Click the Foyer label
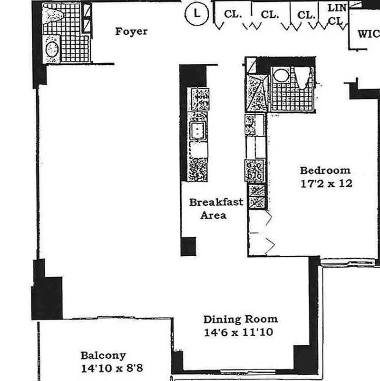point(131,32)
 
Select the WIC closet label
point(368,34)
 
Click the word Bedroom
point(324,170)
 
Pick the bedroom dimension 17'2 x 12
point(326,183)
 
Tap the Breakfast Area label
point(216,208)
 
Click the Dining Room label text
point(240,319)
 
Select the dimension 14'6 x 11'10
point(238,332)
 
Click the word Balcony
point(103,355)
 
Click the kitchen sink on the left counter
point(197,129)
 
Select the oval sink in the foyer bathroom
point(52,49)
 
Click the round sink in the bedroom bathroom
point(281,76)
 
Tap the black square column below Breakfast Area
point(188,246)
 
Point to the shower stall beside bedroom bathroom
point(257,93)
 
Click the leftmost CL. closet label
point(233,14)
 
